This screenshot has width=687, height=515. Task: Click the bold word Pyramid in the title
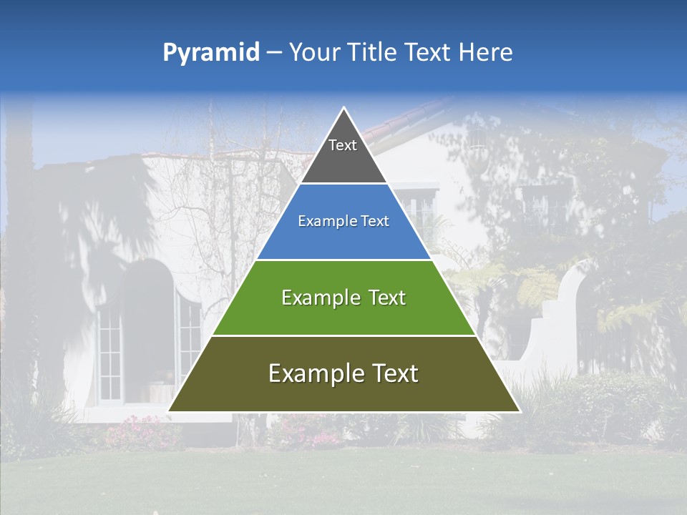tap(210, 53)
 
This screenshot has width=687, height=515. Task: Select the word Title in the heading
tap(372, 53)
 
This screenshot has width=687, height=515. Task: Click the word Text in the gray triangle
tap(343, 145)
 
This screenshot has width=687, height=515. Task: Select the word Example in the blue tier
tap(323, 221)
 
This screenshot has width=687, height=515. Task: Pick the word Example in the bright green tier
tap(318, 298)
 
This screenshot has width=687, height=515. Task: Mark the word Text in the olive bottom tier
tap(393, 373)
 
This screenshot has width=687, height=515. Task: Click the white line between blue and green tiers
tap(343, 260)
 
